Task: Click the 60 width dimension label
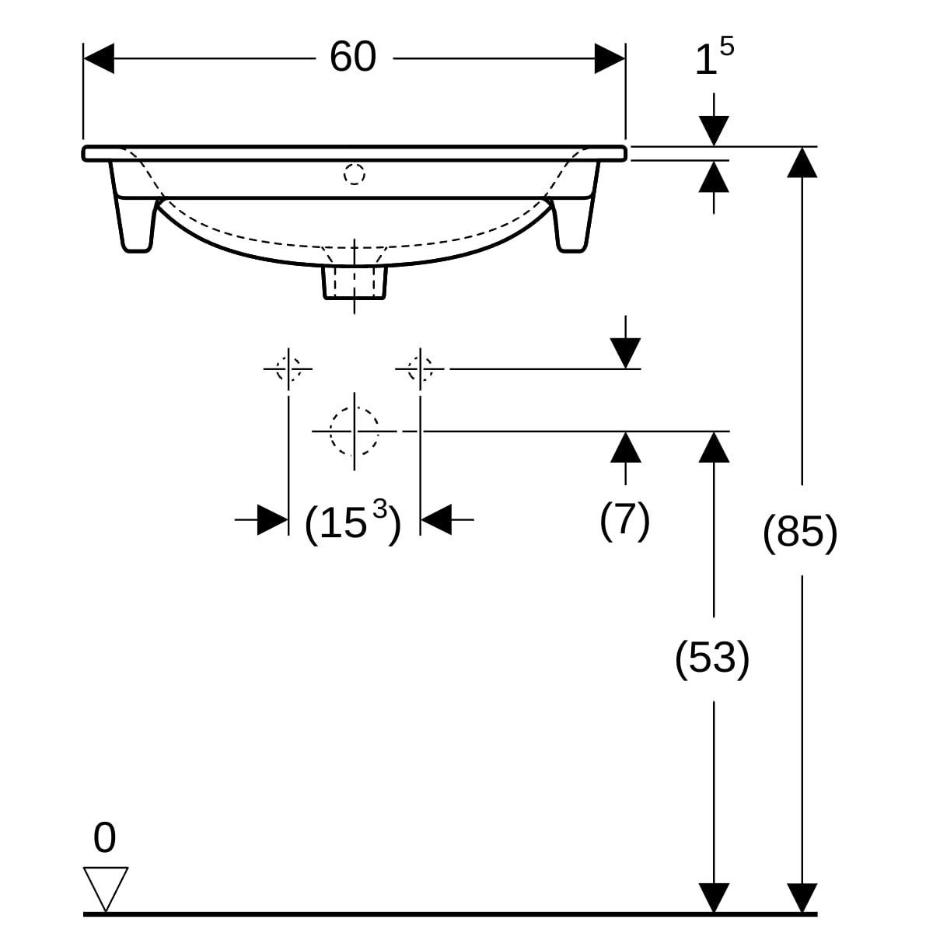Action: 352,57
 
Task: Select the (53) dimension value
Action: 712,658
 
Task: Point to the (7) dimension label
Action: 624,519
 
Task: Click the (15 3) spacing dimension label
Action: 353,522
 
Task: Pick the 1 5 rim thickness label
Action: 715,57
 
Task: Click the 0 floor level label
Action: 105,838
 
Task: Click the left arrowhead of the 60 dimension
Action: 99,58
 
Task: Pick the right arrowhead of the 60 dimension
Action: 610,58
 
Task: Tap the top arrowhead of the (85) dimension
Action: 802,162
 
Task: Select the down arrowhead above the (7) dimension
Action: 625,354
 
